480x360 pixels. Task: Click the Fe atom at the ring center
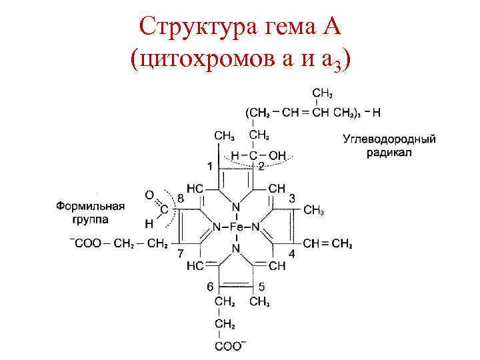[x=237, y=227]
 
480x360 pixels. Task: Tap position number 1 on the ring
[x=210, y=165]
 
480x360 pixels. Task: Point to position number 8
[x=180, y=198]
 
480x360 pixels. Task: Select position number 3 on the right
[x=292, y=198]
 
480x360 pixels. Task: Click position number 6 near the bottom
[x=210, y=287]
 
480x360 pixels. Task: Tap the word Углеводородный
[x=389, y=139]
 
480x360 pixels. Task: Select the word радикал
[x=389, y=152]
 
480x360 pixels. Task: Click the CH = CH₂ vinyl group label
[x=327, y=243]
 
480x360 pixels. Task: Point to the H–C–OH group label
[x=258, y=155]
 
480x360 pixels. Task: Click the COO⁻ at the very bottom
[x=229, y=347]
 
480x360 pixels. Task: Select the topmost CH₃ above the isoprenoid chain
[x=323, y=92]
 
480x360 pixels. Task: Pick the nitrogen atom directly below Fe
[x=237, y=248]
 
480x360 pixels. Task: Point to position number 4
[x=291, y=254]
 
